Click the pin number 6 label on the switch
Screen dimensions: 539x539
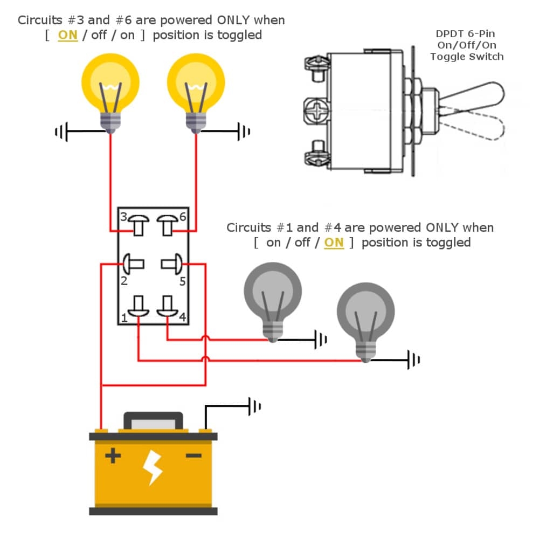(x=183, y=216)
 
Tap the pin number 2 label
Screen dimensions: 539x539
(x=123, y=281)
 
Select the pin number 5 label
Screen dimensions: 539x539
(x=183, y=281)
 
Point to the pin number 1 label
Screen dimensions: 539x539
(x=123, y=318)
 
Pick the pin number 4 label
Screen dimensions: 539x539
(x=182, y=317)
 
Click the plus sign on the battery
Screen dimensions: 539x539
(x=113, y=457)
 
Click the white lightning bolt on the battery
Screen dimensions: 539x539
(x=153, y=468)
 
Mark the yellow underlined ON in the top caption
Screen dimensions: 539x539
(x=68, y=36)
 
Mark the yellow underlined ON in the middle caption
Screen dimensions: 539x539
(x=334, y=243)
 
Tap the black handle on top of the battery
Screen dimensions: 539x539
(x=153, y=419)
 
